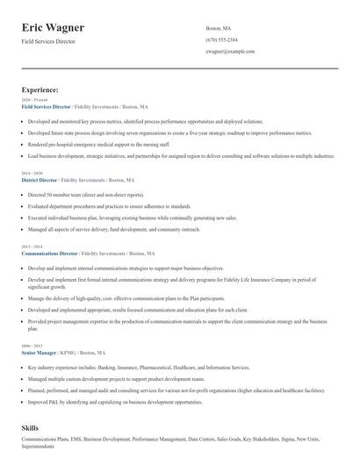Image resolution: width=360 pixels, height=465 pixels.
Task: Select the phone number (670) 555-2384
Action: tap(221, 40)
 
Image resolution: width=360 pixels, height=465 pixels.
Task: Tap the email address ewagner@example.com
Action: tap(230, 53)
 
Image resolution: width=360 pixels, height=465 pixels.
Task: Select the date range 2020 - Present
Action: tap(32, 100)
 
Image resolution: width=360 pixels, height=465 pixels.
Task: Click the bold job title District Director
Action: tap(40, 180)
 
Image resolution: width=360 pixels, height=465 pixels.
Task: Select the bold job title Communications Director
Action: tap(49, 254)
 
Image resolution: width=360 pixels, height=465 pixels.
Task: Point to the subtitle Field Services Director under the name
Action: tap(48, 41)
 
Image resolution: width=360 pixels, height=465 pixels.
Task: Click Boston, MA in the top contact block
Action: tap(218, 28)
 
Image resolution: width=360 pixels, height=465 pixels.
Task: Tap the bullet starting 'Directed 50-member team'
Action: tap(85, 194)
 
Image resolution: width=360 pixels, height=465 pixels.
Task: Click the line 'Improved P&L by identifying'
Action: tap(114, 403)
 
